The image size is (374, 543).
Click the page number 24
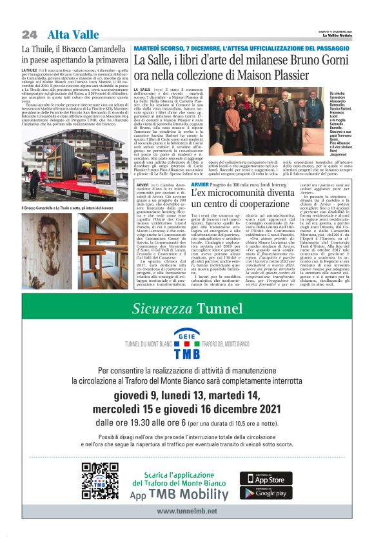pos(30,34)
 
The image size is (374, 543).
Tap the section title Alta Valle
pos(73,34)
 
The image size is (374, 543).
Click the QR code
pos(99,480)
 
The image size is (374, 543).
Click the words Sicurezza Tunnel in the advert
pos(186,309)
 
